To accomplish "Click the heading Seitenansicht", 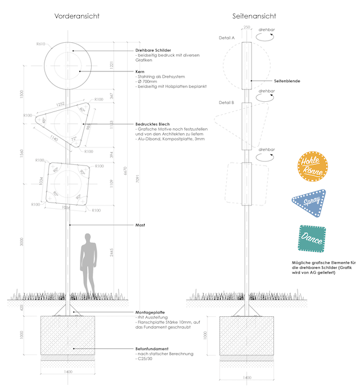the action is [254, 17].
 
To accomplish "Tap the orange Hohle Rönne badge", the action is [311, 167].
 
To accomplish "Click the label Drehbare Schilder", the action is [154, 51].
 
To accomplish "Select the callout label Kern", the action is [140, 72].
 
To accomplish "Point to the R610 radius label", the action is [40, 43].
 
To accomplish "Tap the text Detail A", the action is [226, 38].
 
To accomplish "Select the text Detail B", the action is [226, 102].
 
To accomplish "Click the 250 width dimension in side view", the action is [246, 27].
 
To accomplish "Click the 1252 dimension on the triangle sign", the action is [60, 104].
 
